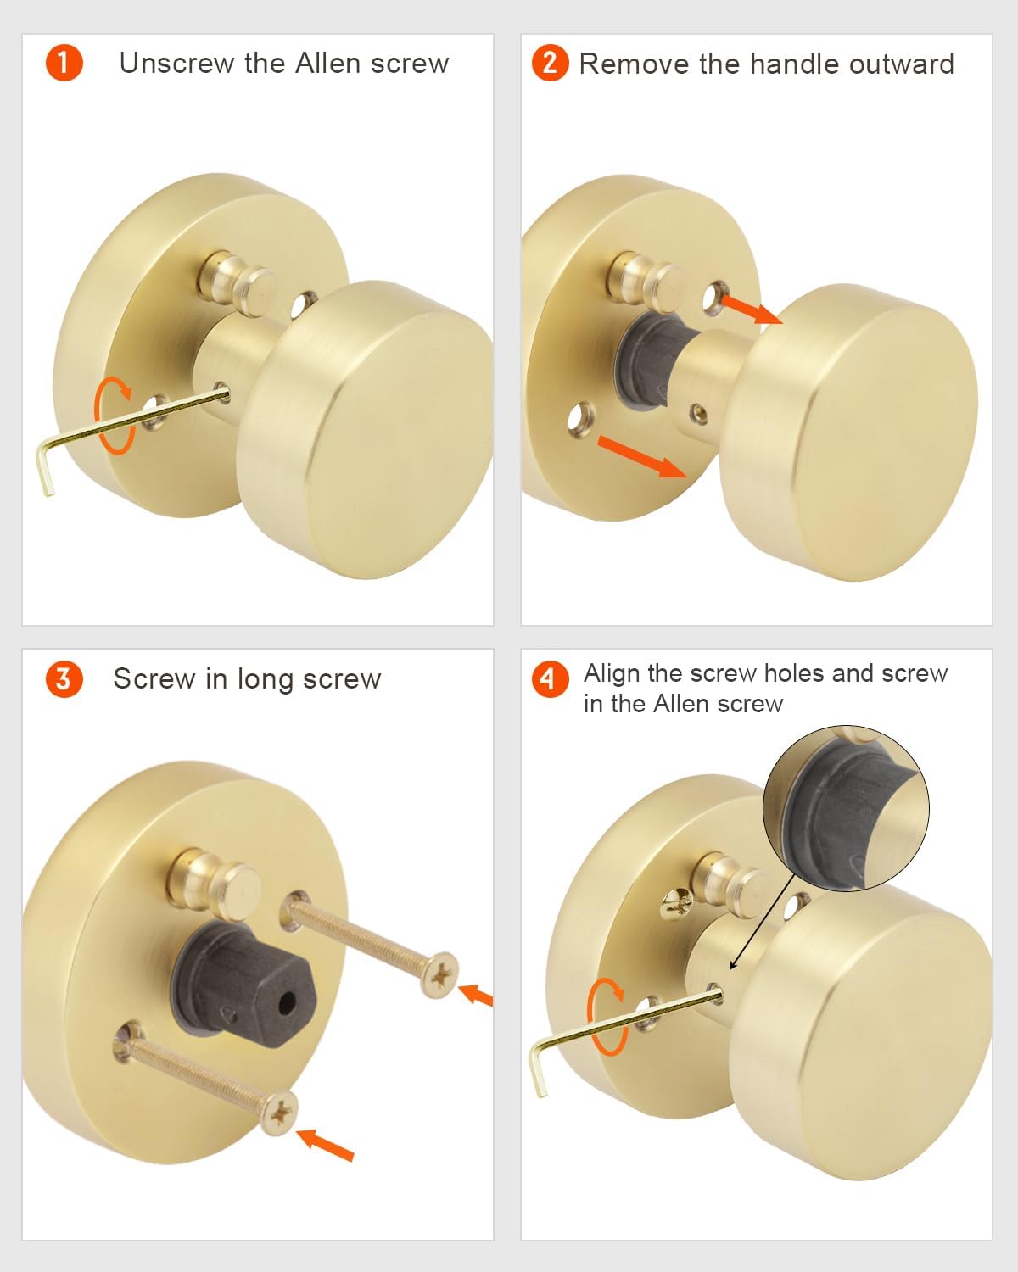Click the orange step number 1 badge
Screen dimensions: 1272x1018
[64, 64]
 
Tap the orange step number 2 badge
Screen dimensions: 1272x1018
[550, 64]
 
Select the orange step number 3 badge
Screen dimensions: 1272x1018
[64, 679]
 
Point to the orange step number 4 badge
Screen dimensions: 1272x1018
[550, 678]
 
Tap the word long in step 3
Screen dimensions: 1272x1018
[266, 679]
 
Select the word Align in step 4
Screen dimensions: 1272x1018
[612, 673]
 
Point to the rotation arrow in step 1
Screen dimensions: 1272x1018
[115, 416]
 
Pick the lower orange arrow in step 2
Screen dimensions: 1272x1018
[641, 456]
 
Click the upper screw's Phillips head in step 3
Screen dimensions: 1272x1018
[439, 976]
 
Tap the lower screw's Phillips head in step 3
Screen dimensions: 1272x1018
[279, 1112]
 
